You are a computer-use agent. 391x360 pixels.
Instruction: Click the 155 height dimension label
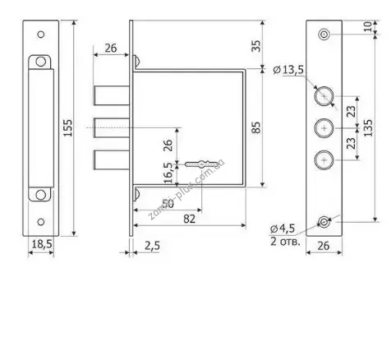tap(67, 127)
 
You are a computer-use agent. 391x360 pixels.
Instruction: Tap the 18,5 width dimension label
tap(42, 244)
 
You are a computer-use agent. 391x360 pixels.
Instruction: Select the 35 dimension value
tap(256, 46)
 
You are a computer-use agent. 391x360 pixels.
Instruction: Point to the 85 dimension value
tap(256, 127)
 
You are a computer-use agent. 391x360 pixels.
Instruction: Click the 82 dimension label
tap(190, 219)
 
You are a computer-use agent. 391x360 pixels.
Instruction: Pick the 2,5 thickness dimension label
tap(152, 246)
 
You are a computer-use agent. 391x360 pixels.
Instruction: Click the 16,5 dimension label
tap(169, 173)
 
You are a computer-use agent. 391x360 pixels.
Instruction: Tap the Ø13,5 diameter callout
tap(288, 70)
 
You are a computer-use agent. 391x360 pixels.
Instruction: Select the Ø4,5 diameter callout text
tap(282, 228)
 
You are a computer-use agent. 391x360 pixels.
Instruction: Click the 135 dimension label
tap(368, 127)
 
